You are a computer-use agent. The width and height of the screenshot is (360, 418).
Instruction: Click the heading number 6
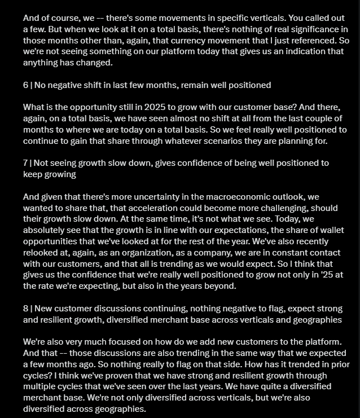coord(26,85)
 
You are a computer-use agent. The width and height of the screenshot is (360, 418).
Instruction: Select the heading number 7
coord(25,163)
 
